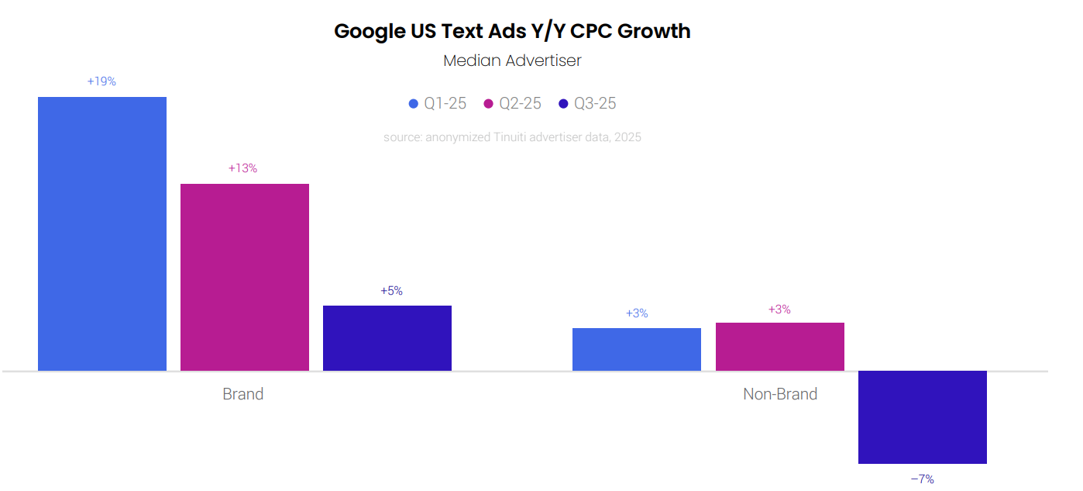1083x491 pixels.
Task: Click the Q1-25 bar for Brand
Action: coord(102,233)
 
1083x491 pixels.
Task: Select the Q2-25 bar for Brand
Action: coord(245,277)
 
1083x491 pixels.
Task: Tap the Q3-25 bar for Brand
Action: coord(387,337)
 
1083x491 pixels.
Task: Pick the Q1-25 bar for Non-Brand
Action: coord(637,349)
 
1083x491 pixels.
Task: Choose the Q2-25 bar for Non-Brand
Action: coord(780,347)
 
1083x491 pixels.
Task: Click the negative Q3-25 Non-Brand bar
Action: coord(923,417)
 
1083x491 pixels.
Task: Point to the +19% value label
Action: coord(101,81)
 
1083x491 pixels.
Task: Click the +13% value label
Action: coord(242,168)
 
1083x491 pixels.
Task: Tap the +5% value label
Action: coord(391,291)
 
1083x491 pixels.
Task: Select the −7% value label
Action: coord(922,479)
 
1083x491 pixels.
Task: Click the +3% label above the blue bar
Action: coord(637,313)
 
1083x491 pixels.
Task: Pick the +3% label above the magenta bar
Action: coord(779,309)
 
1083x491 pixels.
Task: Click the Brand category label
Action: coord(243,394)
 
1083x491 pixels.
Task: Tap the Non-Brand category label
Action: coord(780,394)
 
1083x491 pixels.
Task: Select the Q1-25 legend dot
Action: coord(414,104)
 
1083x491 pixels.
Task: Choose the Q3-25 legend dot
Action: coord(564,104)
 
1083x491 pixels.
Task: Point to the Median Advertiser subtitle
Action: coord(512,61)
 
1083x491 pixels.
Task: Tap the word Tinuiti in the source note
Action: coord(511,137)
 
